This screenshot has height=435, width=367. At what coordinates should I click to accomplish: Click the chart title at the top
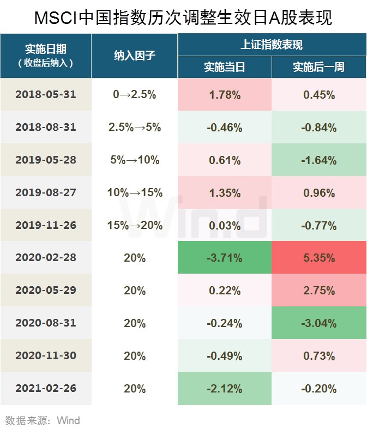tap(183, 18)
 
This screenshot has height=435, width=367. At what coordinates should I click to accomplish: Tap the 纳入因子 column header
tap(134, 56)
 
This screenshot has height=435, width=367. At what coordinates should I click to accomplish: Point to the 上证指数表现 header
tap(272, 45)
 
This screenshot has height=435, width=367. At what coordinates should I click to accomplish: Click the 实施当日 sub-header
tap(225, 67)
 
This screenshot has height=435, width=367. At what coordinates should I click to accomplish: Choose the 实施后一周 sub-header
tap(319, 67)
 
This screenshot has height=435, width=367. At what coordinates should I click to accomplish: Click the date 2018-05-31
tap(46, 95)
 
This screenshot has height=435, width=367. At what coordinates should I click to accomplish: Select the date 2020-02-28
tap(46, 257)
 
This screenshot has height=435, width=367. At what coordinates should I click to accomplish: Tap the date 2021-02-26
tap(46, 388)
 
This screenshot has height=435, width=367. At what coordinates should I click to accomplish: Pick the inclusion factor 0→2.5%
tap(134, 95)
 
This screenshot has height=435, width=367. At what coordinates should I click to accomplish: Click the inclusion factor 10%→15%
tap(135, 192)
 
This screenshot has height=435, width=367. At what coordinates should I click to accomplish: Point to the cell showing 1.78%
tap(225, 95)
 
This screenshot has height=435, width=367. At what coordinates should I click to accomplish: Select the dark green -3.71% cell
tap(225, 257)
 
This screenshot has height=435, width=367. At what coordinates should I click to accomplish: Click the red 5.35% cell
tap(319, 257)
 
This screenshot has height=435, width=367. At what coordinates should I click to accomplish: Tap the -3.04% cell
tap(319, 323)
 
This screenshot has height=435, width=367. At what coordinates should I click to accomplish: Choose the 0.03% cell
tap(225, 225)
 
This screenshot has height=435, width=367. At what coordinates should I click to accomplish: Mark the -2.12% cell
tap(225, 388)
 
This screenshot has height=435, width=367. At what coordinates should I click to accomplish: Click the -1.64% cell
tap(319, 160)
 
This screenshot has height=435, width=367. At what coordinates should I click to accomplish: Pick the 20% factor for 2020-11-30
tap(135, 355)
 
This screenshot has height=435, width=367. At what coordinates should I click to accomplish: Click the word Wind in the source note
tap(68, 421)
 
